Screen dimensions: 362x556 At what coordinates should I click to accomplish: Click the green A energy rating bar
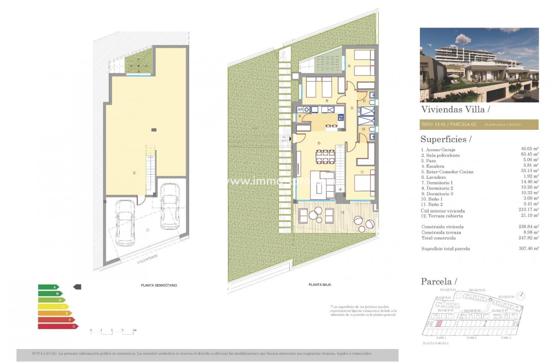click(48, 287)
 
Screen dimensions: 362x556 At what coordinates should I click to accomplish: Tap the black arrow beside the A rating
click(77, 287)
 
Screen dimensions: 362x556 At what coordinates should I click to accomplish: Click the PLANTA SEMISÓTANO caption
click(159, 285)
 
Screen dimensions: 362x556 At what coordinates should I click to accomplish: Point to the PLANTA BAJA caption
click(320, 285)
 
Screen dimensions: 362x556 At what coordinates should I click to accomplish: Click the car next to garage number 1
click(125, 223)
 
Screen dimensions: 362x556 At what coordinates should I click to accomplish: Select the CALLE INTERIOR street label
click(146, 261)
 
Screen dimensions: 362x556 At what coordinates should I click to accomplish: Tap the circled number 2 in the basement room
click(134, 173)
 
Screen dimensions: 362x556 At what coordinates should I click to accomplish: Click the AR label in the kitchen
click(300, 109)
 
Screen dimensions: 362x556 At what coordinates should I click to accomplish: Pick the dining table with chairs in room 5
click(326, 157)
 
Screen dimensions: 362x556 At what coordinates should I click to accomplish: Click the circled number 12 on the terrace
click(342, 212)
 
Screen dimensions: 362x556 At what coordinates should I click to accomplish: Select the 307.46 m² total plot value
click(530, 249)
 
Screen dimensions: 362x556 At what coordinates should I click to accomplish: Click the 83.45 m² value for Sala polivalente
click(530, 155)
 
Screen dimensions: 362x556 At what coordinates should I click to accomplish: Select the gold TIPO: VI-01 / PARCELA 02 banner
click(479, 125)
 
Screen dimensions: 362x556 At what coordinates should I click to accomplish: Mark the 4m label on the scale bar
click(134, 330)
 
